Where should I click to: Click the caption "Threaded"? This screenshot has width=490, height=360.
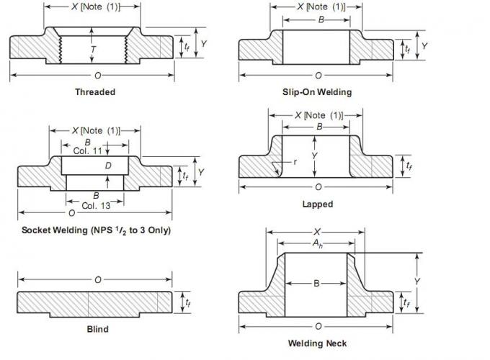click(x=94, y=91)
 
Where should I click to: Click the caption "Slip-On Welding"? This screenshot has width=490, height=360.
click(x=316, y=91)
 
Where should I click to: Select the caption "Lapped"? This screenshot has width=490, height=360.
click(x=317, y=204)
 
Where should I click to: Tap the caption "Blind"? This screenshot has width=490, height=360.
click(x=97, y=329)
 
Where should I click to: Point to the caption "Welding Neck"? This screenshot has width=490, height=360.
click(x=316, y=343)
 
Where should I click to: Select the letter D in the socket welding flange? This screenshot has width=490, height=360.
click(x=107, y=166)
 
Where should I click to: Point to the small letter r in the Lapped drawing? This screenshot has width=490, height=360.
click(x=295, y=161)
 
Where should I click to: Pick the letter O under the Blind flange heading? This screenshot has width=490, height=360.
click(x=97, y=279)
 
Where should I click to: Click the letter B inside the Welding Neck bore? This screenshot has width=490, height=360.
click(x=316, y=284)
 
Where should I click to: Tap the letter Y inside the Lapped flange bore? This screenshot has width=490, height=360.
click(x=315, y=155)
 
